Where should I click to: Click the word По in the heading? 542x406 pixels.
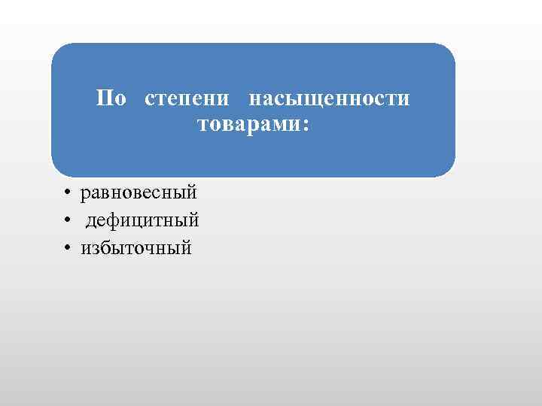tap(111, 99)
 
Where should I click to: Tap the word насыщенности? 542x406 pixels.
tap(329, 99)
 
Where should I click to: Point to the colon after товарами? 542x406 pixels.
tap(304, 125)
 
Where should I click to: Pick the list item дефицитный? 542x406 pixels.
tap(142, 221)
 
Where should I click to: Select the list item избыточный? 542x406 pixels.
tap(137, 247)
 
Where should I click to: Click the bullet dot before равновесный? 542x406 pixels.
tap(68, 193)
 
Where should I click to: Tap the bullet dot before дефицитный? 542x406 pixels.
tap(68, 221)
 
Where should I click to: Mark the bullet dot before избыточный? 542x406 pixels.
tap(68, 247)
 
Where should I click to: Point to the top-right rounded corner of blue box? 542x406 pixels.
tap(449, 50)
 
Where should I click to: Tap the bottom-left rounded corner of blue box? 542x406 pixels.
tap(58, 170)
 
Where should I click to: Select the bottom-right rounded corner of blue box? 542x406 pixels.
tap(449, 170)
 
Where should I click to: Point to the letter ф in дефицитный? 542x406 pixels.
tap(112, 221)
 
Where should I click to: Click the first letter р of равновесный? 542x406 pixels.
tap(86, 194)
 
